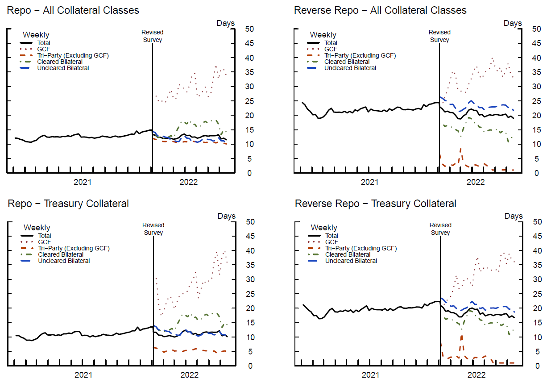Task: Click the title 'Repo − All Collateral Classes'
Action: point(73,10)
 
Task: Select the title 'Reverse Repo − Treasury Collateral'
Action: point(376,204)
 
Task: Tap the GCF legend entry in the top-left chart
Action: point(43,49)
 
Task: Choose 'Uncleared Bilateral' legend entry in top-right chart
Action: point(350,68)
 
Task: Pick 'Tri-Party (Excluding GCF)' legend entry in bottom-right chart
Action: point(361,248)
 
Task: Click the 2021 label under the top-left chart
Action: point(83,182)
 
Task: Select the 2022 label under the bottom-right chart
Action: point(476,375)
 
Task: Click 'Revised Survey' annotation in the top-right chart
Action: point(439,36)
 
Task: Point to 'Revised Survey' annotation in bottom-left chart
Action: point(153,229)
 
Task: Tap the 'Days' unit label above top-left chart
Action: point(225,23)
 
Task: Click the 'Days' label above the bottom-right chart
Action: point(514,216)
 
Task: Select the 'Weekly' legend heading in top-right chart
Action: point(323,34)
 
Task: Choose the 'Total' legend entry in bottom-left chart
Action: point(44,236)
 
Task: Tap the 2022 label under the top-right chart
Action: point(476,182)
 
